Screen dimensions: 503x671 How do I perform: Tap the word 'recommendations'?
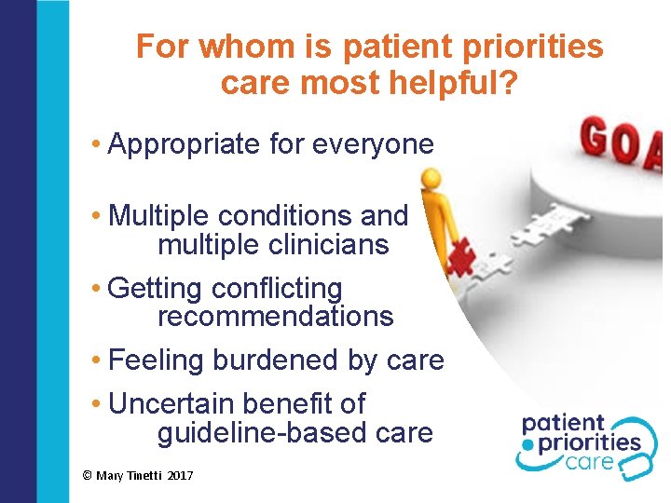click(275, 317)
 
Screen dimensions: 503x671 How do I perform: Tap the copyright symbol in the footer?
click(87, 476)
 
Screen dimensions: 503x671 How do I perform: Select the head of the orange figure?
click(431, 177)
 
